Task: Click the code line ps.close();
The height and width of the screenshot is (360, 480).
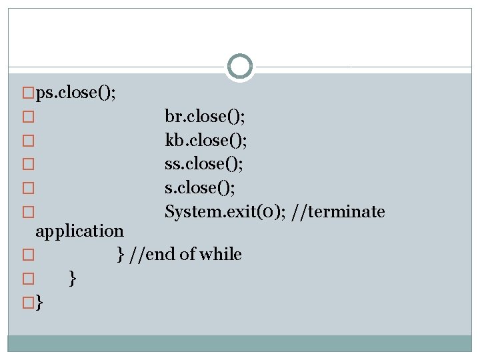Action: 76,93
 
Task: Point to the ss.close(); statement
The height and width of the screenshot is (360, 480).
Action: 205,164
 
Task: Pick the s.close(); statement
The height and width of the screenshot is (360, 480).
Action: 200,188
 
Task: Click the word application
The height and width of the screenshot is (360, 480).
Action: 79,231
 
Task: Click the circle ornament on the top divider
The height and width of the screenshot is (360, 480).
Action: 239,67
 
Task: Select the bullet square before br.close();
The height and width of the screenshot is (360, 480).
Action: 27,117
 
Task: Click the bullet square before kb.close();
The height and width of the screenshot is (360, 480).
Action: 27,141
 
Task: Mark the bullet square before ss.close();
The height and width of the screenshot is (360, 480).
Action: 27,165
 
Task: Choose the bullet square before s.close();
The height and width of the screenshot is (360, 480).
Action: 27,189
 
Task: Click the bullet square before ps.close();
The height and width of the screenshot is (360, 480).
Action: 27,93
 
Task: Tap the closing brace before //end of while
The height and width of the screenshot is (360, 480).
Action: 121,254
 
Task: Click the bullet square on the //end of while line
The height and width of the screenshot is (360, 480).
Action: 27,255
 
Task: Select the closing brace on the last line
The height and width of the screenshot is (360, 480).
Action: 39,303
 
